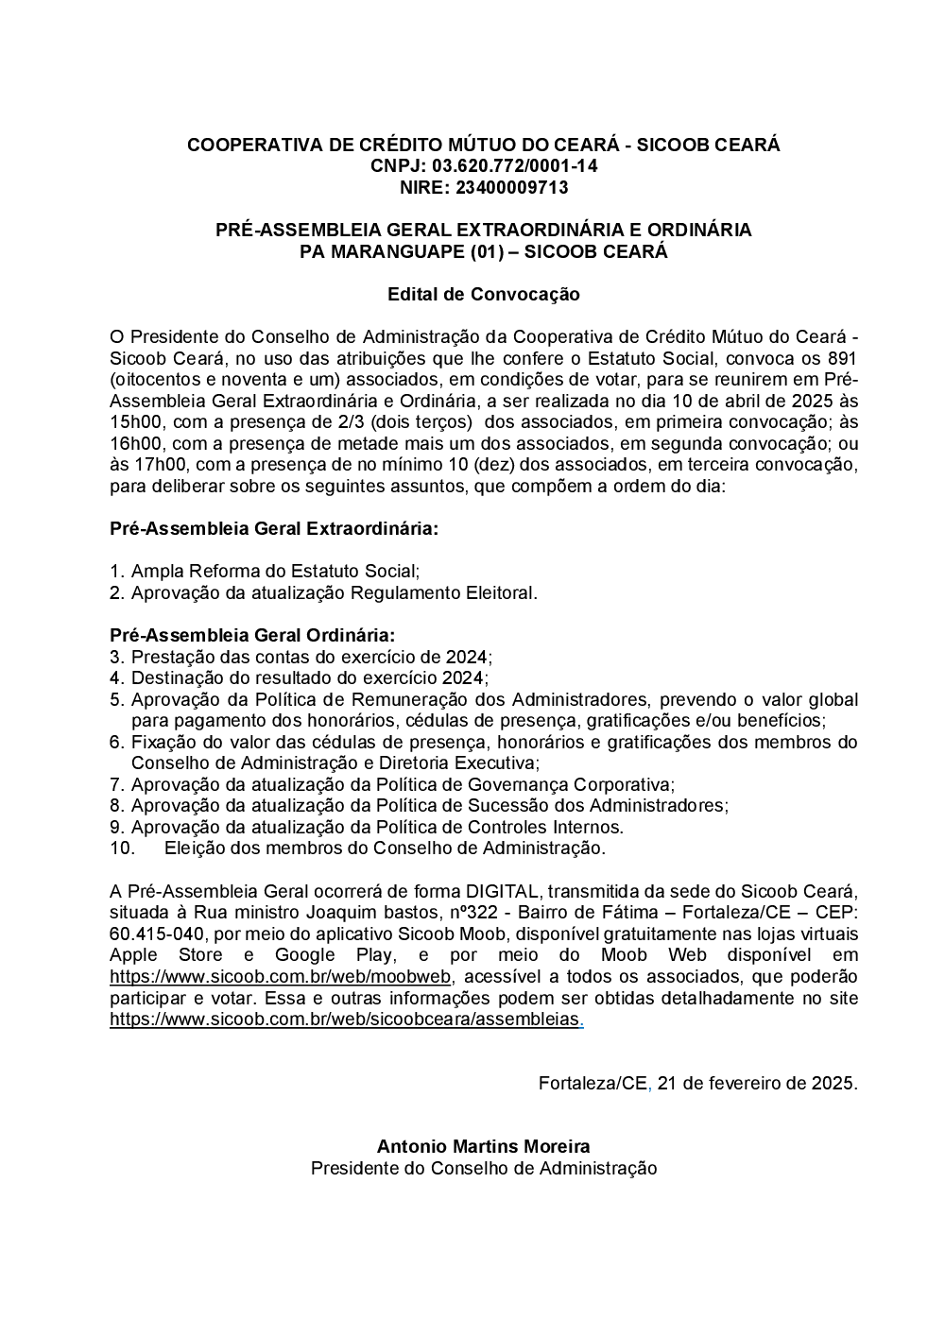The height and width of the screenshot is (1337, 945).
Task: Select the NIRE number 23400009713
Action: point(511,187)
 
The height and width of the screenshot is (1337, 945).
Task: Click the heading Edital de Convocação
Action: point(483,294)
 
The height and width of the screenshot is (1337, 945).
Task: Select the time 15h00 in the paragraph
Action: point(130,422)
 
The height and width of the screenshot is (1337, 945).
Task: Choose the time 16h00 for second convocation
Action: point(130,443)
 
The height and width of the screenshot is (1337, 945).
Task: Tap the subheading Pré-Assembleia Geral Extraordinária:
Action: point(274,529)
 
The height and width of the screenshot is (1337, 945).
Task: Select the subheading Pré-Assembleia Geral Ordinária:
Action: point(252,635)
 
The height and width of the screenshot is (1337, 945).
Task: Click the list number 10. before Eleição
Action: point(123,848)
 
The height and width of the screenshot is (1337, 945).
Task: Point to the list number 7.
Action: point(117,784)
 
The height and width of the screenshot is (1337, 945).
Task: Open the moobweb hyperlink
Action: point(281,976)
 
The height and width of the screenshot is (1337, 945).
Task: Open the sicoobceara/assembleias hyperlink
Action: point(346,1019)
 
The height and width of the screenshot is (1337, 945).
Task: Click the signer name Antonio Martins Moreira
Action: point(483,1146)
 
